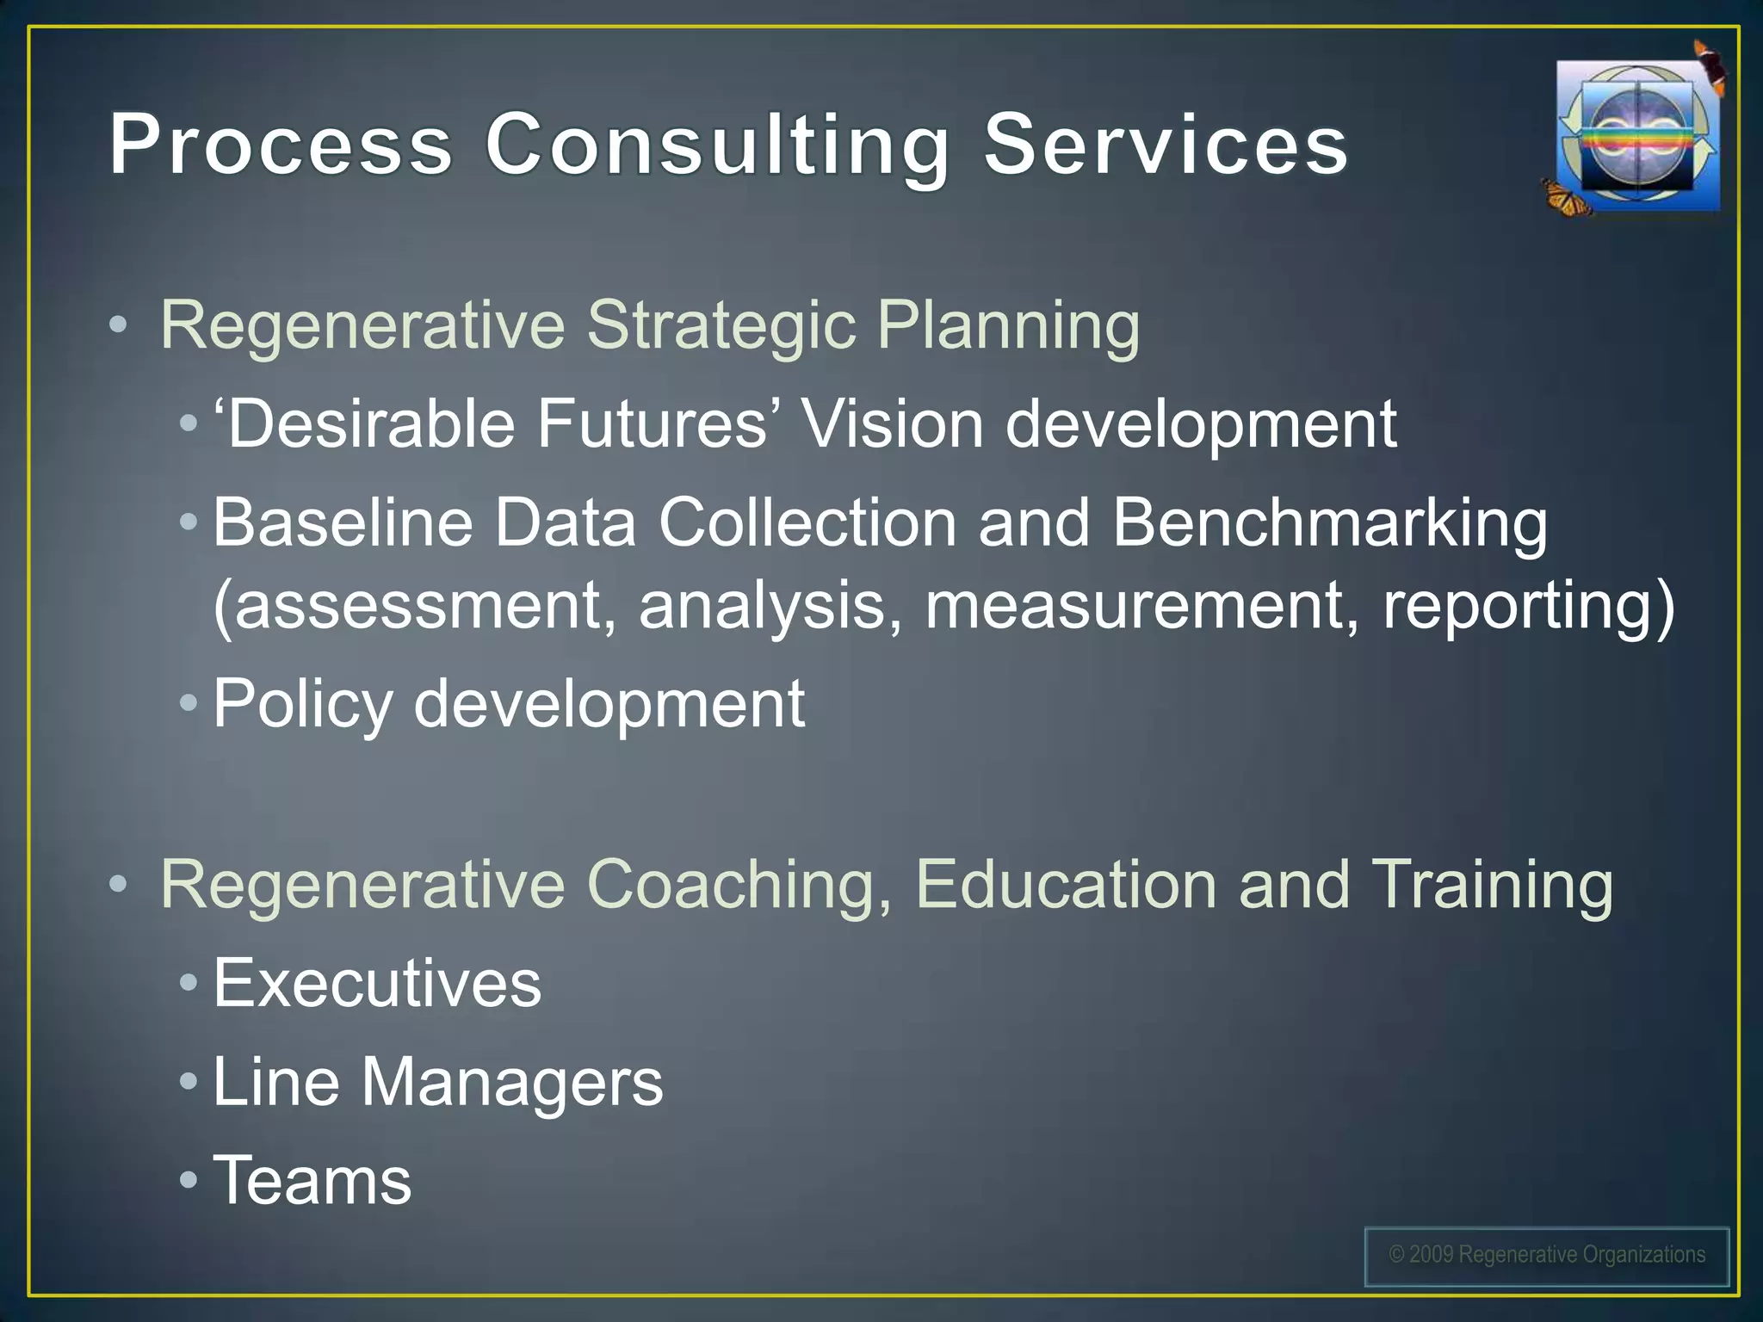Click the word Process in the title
coord(281,144)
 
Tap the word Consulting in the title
coord(716,146)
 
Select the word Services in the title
coord(1166,144)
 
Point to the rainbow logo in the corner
coord(1637,136)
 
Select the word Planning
coord(1008,327)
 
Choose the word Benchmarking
coord(1329,523)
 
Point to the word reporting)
coord(1529,606)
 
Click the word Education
coord(1066,885)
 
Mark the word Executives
coord(377,983)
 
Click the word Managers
coord(512,1083)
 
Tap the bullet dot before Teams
coord(189,1180)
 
